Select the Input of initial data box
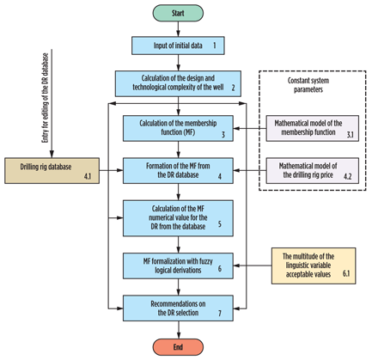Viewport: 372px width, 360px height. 177,43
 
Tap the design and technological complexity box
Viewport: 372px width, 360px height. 177,82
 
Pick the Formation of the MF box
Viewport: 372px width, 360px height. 177,170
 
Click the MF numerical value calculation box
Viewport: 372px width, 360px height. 177,217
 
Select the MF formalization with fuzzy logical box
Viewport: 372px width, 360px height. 177,264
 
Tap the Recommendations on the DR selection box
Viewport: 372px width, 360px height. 177,307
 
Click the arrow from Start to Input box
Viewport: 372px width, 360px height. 177,28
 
